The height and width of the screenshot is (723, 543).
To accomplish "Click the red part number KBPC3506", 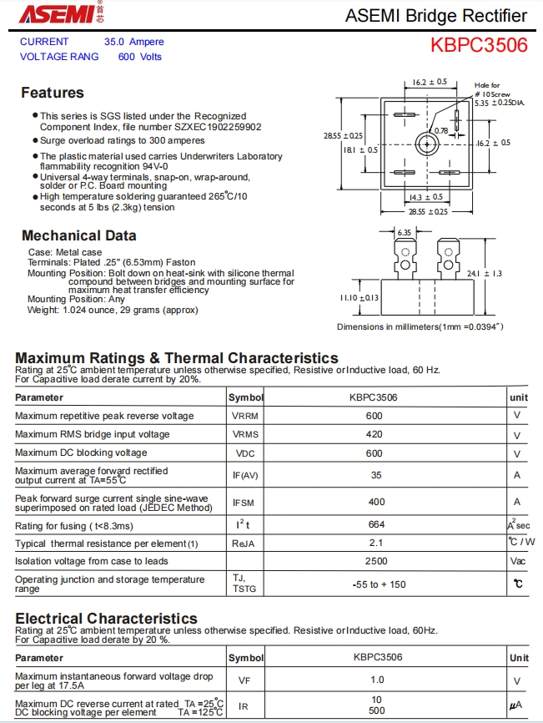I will (x=479, y=45).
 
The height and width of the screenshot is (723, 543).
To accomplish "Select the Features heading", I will (x=53, y=93).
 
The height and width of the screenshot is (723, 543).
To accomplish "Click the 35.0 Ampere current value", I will (x=133, y=42).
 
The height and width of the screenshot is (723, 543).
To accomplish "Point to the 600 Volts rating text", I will (x=139, y=57).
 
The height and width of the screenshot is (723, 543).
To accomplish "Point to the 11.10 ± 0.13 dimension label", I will (x=359, y=297).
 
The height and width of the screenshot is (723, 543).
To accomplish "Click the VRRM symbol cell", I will (x=245, y=416).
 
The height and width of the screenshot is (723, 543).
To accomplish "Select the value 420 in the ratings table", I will (x=374, y=434).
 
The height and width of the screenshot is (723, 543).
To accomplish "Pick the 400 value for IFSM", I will (x=376, y=502).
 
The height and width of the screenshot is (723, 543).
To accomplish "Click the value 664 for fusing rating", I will (x=376, y=524).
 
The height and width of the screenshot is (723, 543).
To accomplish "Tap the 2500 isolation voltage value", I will (x=376, y=561).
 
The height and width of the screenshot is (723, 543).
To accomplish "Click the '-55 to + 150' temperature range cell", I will (x=379, y=584).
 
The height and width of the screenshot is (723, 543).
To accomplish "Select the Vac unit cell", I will (x=518, y=561).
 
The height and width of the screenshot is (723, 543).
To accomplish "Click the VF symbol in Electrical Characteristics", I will (x=244, y=680).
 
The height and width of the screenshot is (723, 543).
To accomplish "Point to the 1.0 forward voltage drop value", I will (x=377, y=680).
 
